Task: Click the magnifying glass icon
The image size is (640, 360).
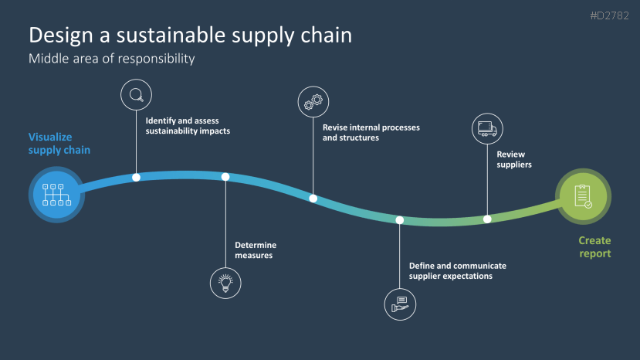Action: pyautogui.click(x=136, y=95)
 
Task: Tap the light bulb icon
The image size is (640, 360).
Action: pyautogui.click(x=225, y=282)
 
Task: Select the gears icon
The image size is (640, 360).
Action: pyautogui.click(x=313, y=101)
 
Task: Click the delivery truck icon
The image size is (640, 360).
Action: pyautogui.click(x=487, y=128)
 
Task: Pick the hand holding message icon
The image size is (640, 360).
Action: pyautogui.click(x=400, y=303)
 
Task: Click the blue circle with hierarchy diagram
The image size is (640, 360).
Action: pyautogui.click(x=56, y=195)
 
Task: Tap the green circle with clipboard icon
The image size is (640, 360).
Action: pyautogui.click(x=583, y=195)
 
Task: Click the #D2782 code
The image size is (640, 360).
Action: pyautogui.click(x=608, y=15)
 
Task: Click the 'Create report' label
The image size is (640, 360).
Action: pyautogui.click(x=594, y=247)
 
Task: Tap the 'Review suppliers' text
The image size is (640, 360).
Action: pyautogui.click(x=514, y=159)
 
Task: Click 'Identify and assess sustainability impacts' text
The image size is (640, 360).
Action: pyautogui.click(x=188, y=125)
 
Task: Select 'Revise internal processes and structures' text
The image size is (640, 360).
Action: pyautogui.click(x=371, y=132)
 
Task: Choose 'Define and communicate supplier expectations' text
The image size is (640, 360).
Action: pyautogui.click(x=458, y=270)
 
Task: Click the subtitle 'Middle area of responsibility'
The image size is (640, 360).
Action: pyautogui.click(x=111, y=59)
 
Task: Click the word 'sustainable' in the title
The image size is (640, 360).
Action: pyautogui.click(x=174, y=35)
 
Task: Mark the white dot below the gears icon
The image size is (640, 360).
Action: pyautogui.click(x=313, y=199)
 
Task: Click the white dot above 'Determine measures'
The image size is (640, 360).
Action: pyautogui.click(x=225, y=177)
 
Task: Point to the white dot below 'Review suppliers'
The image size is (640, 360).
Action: pyautogui.click(x=487, y=219)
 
